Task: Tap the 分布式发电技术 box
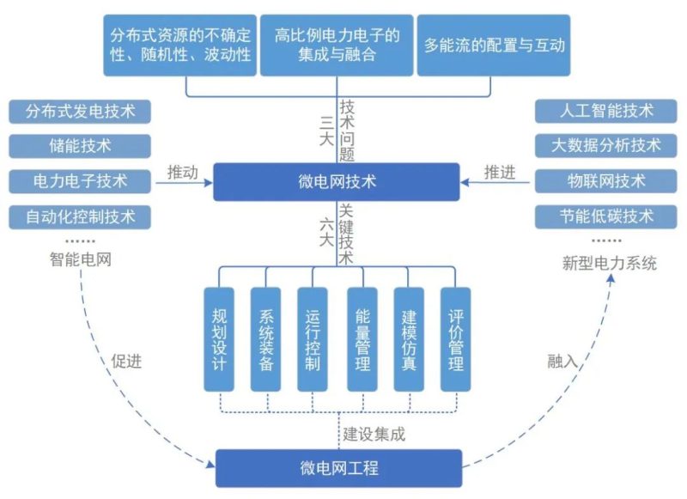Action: click(76, 111)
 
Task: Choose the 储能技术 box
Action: click(76, 146)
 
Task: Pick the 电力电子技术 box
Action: click(76, 181)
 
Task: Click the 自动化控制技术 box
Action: click(76, 216)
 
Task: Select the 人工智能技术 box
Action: click(605, 111)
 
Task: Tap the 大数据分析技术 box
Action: click(605, 146)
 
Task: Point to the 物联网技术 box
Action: click(605, 181)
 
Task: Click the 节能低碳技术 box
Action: click(605, 216)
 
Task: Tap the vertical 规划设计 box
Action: click(218, 339)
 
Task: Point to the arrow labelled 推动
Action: click(182, 182)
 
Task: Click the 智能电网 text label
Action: click(80, 259)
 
